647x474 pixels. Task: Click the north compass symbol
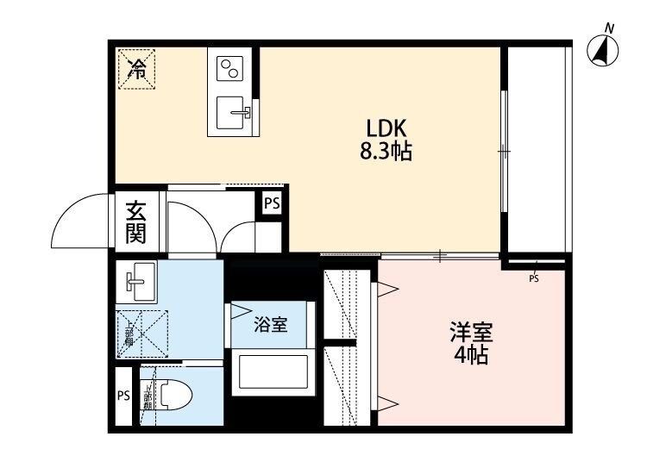click(x=603, y=53)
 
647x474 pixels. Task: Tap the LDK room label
click(x=385, y=125)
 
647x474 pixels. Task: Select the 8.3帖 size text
click(x=385, y=153)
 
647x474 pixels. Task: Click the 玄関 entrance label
click(x=136, y=221)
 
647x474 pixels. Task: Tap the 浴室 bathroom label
click(x=270, y=325)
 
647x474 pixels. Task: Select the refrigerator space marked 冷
click(x=136, y=67)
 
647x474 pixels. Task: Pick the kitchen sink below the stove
click(x=230, y=112)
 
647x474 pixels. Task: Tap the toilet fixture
click(x=172, y=396)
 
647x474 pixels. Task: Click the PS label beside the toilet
click(x=122, y=396)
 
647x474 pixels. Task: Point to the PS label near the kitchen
click(x=271, y=204)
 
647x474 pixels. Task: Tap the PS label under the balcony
click(x=533, y=278)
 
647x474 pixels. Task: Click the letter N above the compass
click(x=609, y=29)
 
